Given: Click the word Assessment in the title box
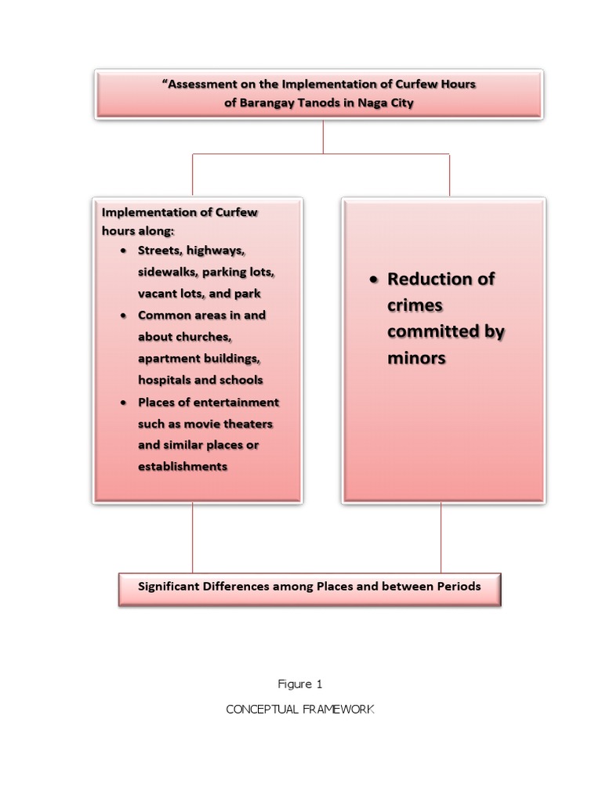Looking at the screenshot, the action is [203, 84].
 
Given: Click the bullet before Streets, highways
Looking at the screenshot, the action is [125, 251].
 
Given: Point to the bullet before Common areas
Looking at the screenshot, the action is [125, 316].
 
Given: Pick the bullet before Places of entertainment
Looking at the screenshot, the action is [125, 403].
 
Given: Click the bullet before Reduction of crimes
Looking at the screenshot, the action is [374, 280].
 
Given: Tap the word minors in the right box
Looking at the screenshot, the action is [416, 358].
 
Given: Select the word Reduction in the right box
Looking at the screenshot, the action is [430, 279].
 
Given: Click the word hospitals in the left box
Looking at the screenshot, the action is [165, 380].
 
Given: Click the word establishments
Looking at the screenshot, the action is [183, 467].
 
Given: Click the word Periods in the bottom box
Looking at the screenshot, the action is [456, 586].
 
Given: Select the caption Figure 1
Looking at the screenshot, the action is [300, 685].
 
